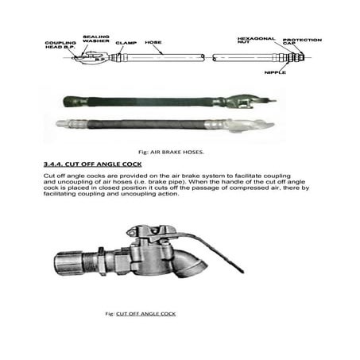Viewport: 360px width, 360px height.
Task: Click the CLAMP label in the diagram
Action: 126,43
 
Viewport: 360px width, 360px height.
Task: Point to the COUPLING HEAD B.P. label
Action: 61,45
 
